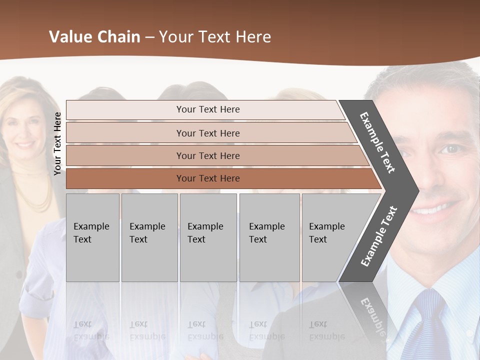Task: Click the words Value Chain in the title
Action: (94, 37)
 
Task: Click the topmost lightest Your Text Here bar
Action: (207, 109)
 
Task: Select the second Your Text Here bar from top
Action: (207, 133)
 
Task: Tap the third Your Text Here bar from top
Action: (207, 155)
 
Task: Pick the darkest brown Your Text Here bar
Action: (207, 178)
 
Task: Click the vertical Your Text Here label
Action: (57, 143)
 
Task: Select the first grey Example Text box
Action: (92, 237)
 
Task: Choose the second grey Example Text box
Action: (149, 237)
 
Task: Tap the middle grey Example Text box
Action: (208, 237)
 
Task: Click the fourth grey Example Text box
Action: (269, 237)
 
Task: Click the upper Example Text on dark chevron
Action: (377, 142)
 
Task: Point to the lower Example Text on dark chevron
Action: (379, 236)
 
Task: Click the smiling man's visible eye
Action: (451, 149)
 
